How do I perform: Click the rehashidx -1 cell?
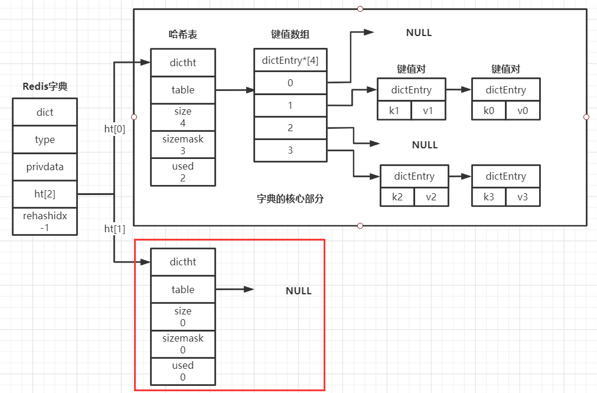click(45, 222)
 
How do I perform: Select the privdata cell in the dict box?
click(45, 167)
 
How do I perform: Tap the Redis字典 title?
click(45, 86)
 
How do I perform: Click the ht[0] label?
click(115, 129)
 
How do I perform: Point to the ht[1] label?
click(115, 229)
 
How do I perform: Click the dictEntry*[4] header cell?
click(290, 60)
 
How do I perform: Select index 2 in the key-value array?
click(290, 128)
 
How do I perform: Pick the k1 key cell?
click(394, 111)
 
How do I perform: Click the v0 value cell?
click(523, 111)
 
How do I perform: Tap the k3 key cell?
click(489, 197)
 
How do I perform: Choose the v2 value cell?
click(431, 197)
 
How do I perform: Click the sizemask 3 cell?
click(182, 144)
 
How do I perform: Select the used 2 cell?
click(182, 172)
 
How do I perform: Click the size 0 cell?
click(182, 317)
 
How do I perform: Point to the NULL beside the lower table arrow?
click(298, 291)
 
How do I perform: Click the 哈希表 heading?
click(182, 35)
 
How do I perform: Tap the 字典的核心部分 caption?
click(290, 199)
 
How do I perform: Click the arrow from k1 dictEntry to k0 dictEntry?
click(458, 90)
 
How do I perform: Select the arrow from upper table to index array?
click(234, 90)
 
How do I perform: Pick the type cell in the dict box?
click(45, 139)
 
